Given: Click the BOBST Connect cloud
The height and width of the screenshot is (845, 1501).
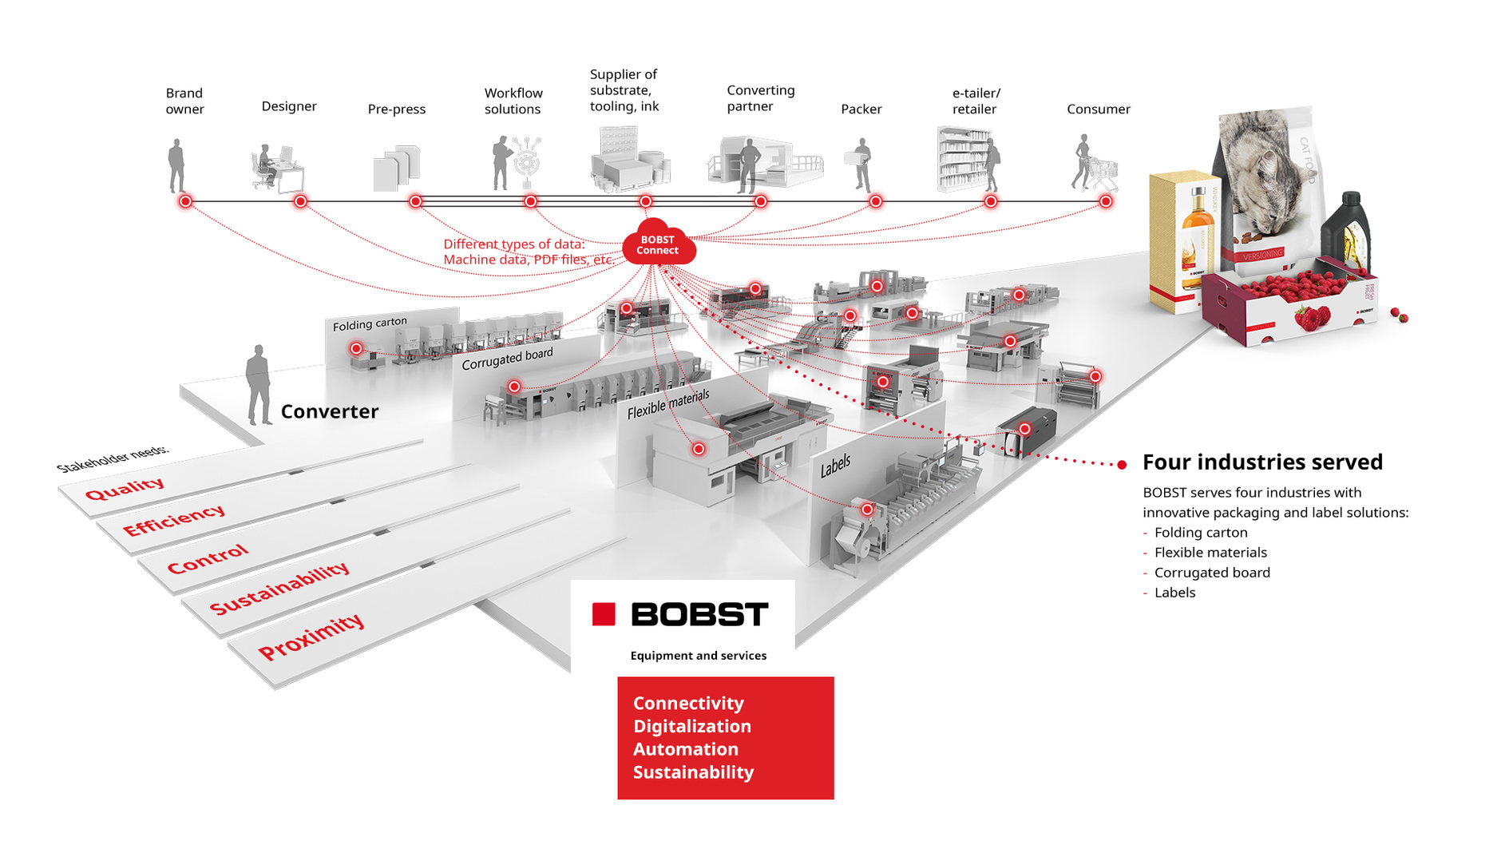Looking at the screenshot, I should [x=658, y=244].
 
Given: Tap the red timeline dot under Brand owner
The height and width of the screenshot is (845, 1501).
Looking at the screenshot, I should [x=185, y=201].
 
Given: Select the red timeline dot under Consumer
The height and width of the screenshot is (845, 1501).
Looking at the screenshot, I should [x=1105, y=201].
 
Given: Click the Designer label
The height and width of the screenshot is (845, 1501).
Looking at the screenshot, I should [x=289, y=106].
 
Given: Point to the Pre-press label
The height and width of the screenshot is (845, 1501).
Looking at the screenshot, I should [x=397, y=109].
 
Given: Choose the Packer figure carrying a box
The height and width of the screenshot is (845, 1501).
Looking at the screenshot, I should [x=860, y=164].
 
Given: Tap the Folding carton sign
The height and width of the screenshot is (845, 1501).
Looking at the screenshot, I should [x=370, y=323].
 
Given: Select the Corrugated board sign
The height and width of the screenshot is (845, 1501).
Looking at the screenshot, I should [x=507, y=359].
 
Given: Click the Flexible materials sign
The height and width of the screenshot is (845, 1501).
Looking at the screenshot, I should [x=668, y=404].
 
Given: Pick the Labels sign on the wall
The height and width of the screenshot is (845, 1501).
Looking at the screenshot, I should [x=835, y=466].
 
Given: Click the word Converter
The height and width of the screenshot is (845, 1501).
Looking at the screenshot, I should [x=330, y=411].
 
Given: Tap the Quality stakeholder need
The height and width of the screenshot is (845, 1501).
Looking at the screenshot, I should [x=125, y=488].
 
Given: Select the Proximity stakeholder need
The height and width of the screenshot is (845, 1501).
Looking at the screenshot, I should [x=311, y=636].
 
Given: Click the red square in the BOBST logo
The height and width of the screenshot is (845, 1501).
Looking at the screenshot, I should [x=604, y=614].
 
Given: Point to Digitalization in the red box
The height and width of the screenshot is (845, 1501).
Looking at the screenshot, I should [x=692, y=726].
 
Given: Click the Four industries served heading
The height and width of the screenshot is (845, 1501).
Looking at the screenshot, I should [x=1262, y=462].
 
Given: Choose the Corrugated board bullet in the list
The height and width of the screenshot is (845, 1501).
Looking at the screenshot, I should [x=1212, y=573].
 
